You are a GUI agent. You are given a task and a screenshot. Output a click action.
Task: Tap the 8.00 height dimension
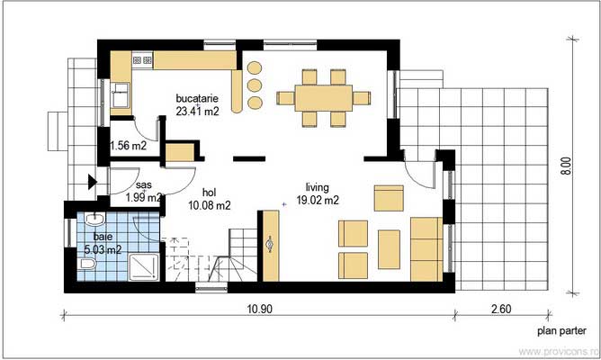pos(565,167)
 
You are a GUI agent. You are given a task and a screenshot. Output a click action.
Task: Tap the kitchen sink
pos(122,94)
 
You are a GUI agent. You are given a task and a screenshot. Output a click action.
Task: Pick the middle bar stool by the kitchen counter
pos(255,85)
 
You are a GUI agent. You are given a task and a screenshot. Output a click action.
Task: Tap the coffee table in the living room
pos(389,249)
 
